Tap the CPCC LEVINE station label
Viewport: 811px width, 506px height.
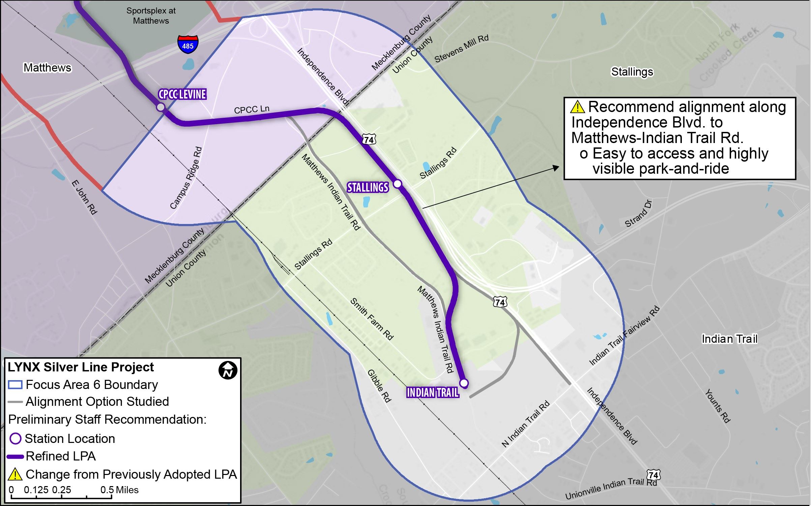182,94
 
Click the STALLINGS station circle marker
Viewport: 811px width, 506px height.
398,184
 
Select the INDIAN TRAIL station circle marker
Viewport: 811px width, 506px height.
464,383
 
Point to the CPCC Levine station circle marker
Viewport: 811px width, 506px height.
161,107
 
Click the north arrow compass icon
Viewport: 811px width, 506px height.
228,370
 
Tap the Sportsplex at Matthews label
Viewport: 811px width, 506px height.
151,16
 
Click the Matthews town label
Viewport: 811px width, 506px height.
47,68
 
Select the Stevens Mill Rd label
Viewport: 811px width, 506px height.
461,49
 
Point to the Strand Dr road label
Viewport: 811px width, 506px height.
638,214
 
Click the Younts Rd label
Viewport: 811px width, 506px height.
717,406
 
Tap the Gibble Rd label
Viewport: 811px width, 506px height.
379,386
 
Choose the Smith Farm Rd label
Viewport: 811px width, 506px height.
372,318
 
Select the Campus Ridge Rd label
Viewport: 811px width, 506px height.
186,177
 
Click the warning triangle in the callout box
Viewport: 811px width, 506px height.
577,107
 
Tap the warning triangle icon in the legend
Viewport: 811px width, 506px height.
15,474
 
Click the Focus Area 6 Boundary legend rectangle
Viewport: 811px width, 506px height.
15,385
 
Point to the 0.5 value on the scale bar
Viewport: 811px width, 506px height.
107,490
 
